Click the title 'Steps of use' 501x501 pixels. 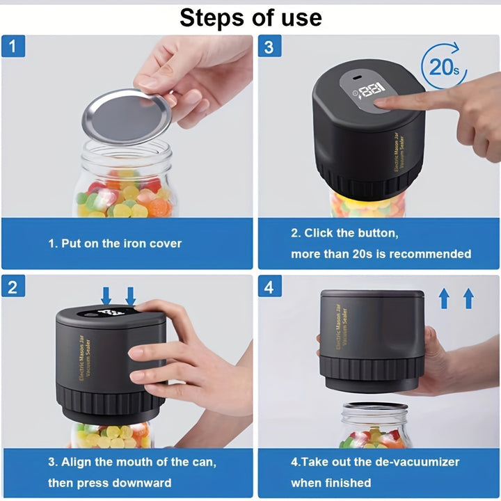click(250, 17)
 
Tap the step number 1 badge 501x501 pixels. click(13, 47)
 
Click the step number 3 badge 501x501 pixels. click(269, 47)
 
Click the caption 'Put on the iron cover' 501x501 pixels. click(115, 244)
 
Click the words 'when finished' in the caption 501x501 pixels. click(331, 482)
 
